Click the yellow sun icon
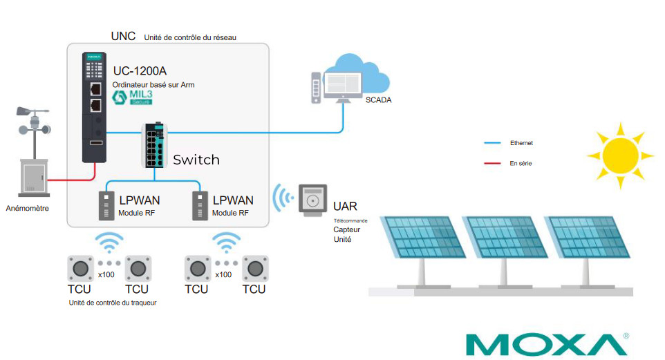(x=619, y=155)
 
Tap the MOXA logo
(x=547, y=344)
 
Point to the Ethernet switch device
(x=156, y=146)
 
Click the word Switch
(x=196, y=160)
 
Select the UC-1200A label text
(x=140, y=70)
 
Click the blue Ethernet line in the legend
(x=491, y=143)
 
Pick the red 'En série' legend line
(x=491, y=164)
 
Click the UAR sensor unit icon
(x=312, y=201)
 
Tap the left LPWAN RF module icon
(x=106, y=205)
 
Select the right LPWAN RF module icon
(x=200, y=205)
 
